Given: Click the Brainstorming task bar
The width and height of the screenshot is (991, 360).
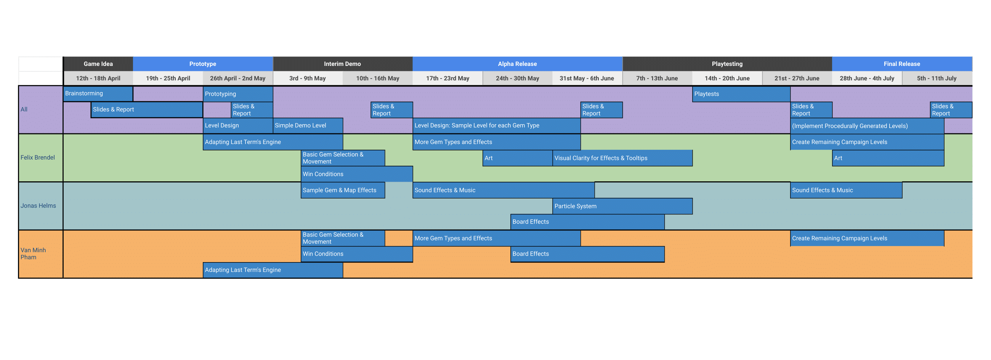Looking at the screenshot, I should tap(98, 93).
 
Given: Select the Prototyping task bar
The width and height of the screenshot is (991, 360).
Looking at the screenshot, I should tap(238, 94).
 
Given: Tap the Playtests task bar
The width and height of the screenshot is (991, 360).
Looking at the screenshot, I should tap(741, 94).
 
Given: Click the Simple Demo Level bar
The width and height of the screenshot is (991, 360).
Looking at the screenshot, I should tap(308, 125).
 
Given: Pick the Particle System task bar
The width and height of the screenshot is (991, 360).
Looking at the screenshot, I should tap(622, 206).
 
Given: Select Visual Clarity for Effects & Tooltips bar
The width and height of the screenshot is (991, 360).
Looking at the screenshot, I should tap(622, 158).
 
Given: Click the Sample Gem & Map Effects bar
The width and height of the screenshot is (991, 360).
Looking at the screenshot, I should tap(342, 190).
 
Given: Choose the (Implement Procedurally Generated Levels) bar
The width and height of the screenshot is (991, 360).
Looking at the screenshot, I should tap(867, 126).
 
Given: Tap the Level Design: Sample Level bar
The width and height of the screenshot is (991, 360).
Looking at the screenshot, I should tap(496, 125).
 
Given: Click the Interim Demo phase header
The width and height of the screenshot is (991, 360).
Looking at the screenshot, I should tap(342, 64).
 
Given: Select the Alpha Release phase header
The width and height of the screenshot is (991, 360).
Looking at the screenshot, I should tap(517, 64).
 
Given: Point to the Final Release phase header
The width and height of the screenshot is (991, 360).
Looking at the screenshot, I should tap(902, 64).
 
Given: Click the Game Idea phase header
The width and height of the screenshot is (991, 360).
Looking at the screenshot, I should tap(98, 64).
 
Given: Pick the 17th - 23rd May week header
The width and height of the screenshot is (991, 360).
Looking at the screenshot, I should tap(447, 78).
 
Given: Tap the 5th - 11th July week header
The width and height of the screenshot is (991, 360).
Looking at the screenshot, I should tap(936, 78).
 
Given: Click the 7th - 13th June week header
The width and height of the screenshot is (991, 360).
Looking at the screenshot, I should tap(657, 78).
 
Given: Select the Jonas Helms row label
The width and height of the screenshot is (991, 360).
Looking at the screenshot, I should tap(38, 206).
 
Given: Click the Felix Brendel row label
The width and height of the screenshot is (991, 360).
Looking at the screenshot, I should tap(38, 157).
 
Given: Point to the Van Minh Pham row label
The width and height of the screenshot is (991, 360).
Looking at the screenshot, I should tap(33, 253).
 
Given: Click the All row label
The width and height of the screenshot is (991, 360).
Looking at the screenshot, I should tap(24, 109).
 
